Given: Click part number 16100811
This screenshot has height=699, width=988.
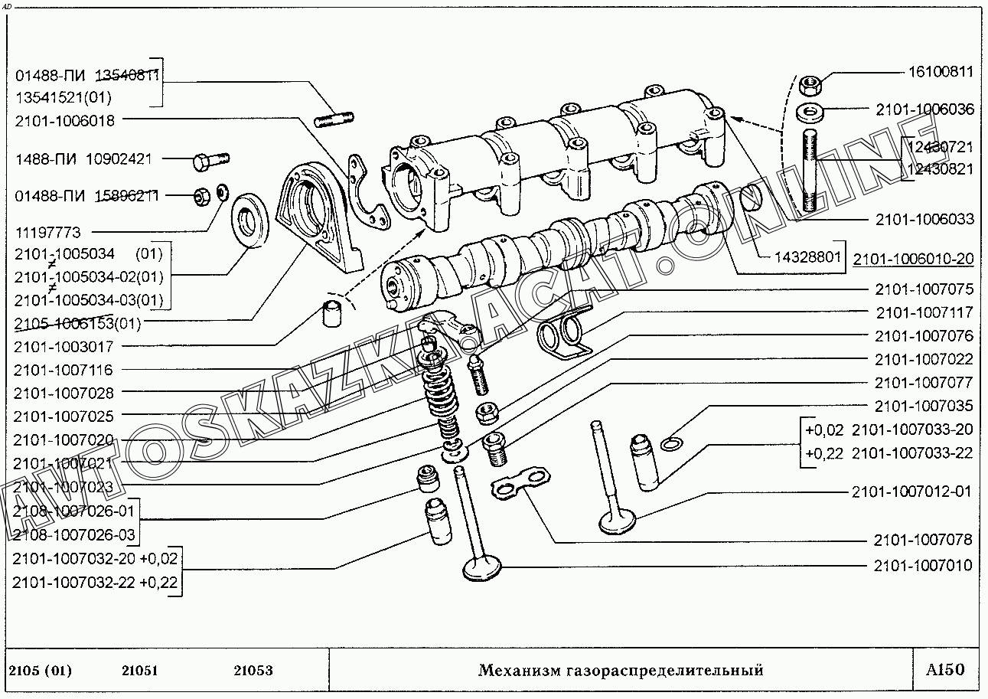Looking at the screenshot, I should [941, 73].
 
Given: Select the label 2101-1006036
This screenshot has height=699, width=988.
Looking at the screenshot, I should [924, 109].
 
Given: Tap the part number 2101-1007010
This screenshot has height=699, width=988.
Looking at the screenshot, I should [924, 566].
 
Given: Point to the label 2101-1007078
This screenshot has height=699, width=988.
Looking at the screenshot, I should [924, 540].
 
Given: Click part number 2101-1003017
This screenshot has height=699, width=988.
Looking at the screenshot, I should [63, 346].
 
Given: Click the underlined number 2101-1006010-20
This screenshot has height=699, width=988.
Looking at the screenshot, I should [914, 259].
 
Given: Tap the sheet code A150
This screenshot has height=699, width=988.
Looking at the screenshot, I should [945, 671].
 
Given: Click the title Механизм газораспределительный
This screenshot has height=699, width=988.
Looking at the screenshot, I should [621, 671].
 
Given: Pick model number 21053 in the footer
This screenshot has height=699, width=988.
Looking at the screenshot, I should [253, 671].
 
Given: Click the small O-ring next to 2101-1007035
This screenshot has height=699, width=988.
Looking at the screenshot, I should [671, 444].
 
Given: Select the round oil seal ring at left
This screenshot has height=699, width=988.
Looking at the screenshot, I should [248, 221].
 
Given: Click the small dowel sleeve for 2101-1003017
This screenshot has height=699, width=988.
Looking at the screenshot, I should [331, 313].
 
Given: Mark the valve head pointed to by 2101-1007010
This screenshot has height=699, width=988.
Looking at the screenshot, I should [482, 570].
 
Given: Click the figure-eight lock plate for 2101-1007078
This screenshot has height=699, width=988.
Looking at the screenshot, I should [520, 482].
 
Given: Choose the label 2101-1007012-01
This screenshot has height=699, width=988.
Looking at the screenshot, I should [911, 492].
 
